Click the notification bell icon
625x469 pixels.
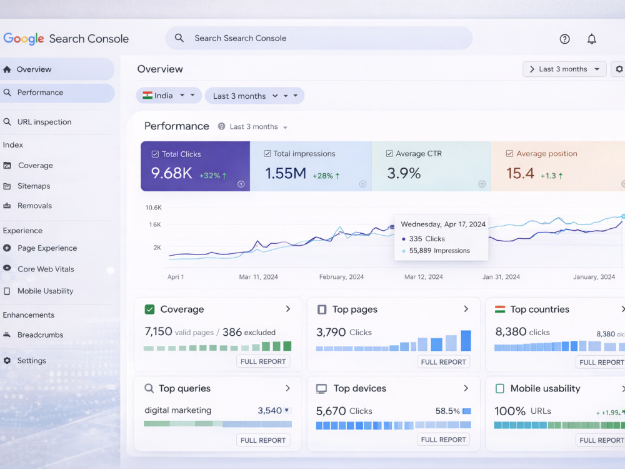pos(591,39)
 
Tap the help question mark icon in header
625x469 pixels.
pos(564,39)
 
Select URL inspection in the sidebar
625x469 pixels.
pos(44,122)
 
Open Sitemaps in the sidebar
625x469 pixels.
pos(34,186)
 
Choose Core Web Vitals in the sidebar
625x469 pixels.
pos(46,269)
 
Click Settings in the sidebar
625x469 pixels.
pos(31,361)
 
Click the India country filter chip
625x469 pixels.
pos(169,96)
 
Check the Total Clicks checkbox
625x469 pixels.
pos(155,154)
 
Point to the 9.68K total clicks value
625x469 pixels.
pos(171,173)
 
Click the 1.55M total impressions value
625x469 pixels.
pos(286,173)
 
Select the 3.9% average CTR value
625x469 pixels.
pos(404,173)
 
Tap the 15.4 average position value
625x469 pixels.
pos(520,173)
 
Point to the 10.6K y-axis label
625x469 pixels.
pos(154,208)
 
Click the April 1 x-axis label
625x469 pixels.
pos(176,277)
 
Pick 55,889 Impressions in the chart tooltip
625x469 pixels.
pos(439,251)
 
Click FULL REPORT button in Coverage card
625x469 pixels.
pos(263,361)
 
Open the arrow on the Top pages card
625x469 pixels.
pos(466,309)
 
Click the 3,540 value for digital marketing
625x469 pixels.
pos(269,410)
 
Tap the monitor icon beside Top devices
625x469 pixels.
pos(321,388)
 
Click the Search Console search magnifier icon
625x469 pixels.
pos(179,38)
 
